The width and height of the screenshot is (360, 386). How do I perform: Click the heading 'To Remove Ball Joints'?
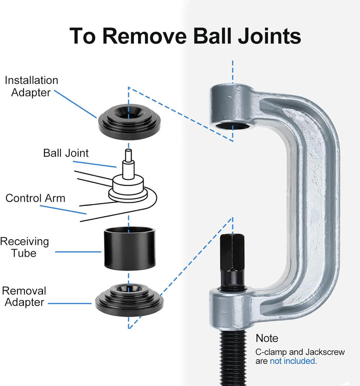(x=185, y=36)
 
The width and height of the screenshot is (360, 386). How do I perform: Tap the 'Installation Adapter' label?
(x=31, y=86)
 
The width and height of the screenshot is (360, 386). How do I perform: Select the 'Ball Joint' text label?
(x=65, y=153)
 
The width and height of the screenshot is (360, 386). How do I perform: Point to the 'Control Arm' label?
(x=35, y=198)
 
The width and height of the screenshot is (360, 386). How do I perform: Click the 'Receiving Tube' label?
(x=24, y=247)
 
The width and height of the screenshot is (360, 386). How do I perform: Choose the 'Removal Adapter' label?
(x=24, y=297)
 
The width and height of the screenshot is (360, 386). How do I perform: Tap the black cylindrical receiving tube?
(x=129, y=248)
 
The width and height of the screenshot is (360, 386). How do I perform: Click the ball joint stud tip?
(x=128, y=151)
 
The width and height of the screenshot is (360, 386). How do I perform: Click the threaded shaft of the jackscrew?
(x=232, y=358)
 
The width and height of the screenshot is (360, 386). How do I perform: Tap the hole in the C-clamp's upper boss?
(x=232, y=126)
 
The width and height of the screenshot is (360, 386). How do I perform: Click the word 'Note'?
(x=267, y=338)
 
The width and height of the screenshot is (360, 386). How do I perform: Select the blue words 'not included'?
(x=292, y=361)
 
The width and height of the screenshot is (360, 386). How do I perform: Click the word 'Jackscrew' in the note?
(x=325, y=352)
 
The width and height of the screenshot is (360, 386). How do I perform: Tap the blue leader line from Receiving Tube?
(x=78, y=252)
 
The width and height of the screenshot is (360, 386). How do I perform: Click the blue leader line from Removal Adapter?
(x=69, y=304)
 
